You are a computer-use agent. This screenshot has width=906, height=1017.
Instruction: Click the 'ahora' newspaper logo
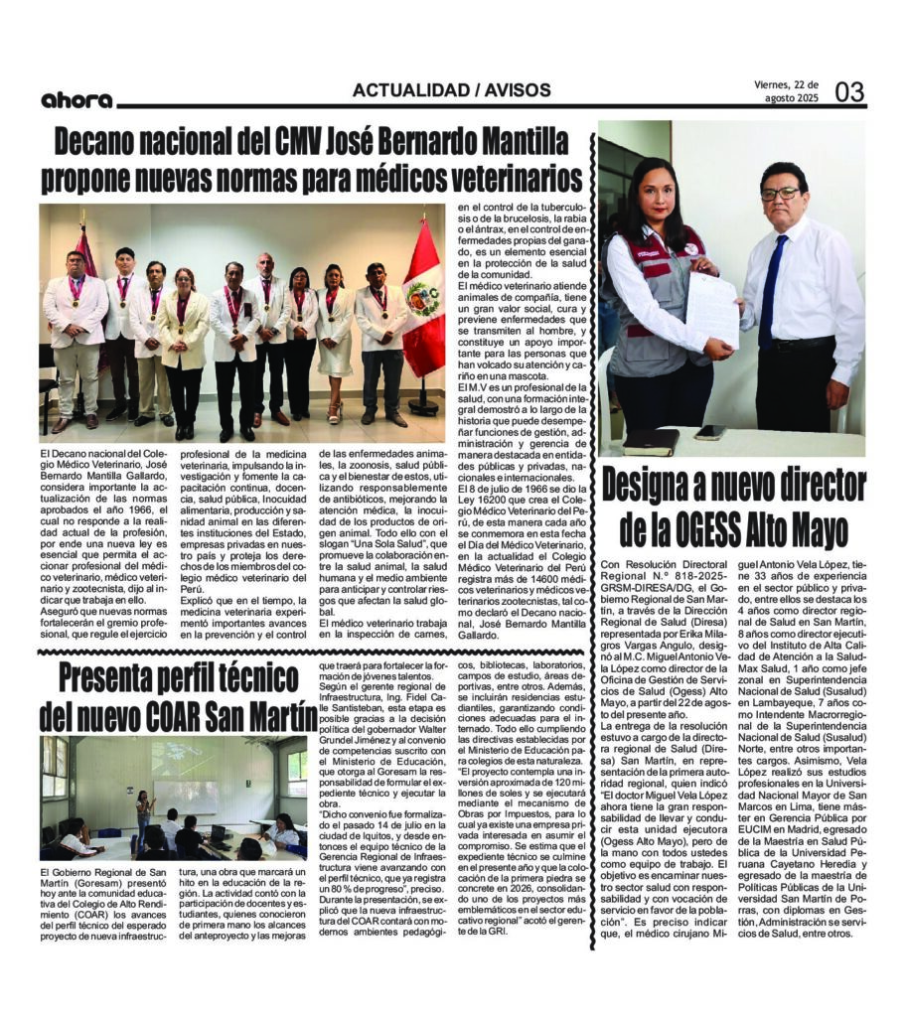76,99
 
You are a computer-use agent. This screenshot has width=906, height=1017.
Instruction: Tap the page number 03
849,92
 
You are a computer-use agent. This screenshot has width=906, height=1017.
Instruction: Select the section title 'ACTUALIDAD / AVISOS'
451,90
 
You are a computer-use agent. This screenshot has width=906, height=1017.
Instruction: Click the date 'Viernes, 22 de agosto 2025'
788,91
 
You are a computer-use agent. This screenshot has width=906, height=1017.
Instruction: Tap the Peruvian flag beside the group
424,298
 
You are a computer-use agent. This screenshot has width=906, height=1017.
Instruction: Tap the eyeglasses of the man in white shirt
780,194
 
